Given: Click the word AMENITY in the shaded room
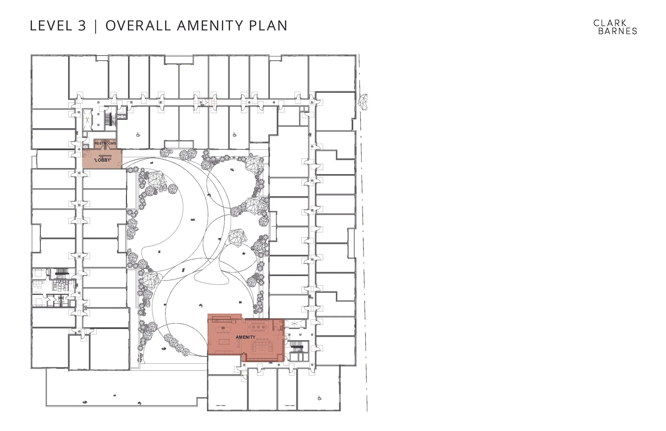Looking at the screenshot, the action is coord(245,337).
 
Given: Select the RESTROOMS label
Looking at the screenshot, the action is coord(105,144).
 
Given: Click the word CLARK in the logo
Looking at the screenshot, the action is coord(610,23).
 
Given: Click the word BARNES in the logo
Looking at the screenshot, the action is coord(618,31).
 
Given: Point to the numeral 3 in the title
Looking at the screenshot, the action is coord(82,26).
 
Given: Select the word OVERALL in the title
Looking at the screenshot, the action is coord(138,26).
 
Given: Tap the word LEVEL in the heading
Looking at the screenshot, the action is coord(51,26).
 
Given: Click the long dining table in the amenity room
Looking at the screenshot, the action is coord(258,326).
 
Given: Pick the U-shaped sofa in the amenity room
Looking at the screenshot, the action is coord(262,347).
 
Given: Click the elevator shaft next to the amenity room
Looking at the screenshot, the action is coord(295,324).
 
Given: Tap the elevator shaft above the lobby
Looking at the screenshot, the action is coord(88,120).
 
